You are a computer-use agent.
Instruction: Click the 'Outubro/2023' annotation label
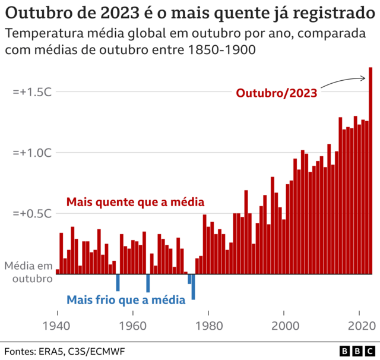(277, 93)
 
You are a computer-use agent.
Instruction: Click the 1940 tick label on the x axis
(58, 314)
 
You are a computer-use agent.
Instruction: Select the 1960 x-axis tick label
(133, 314)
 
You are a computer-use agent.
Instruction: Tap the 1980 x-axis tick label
(208, 314)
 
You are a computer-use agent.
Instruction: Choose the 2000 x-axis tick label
(284, 314)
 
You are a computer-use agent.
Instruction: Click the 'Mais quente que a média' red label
(135, 202)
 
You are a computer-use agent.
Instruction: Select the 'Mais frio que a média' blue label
(125, 300)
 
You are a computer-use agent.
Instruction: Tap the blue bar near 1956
(118, 282)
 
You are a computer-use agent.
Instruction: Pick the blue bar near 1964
(148, 283)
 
